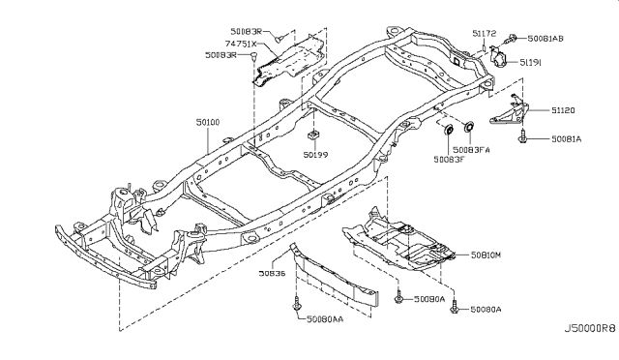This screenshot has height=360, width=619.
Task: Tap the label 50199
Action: (x=315, y=154)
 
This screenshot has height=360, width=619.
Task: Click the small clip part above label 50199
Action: (x=315, y=133)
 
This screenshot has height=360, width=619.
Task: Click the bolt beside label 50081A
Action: (x=523, y=139)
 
